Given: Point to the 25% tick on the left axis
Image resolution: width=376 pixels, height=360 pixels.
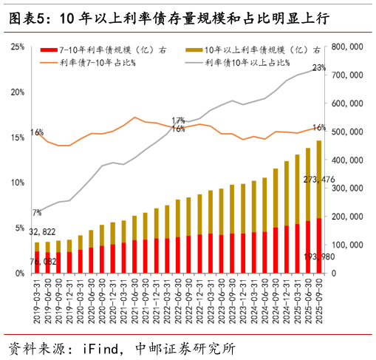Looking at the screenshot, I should coord(17,47).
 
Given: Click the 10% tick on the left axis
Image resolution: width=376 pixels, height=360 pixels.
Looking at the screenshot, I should coord(17,183).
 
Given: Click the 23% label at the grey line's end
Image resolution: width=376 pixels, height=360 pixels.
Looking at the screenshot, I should coord(319,68).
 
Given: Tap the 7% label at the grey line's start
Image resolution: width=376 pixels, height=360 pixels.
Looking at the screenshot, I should coord(36,214).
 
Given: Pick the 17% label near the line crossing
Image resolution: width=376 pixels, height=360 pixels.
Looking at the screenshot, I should coord(178,120).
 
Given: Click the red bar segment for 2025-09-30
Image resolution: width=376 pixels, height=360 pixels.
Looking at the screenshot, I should coord(319,245).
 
